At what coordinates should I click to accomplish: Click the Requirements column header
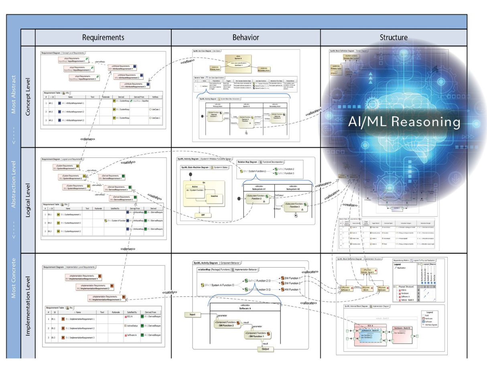click(x=103, y=38)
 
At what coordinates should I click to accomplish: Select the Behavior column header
click(x=246, y=38)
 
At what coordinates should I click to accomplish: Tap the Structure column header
click(x=394, y=38)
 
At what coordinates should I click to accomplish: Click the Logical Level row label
click(x=28, y=200)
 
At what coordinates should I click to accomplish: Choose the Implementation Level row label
click(x=28, y=305)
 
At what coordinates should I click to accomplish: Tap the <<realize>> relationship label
click(x=349, y=205)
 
